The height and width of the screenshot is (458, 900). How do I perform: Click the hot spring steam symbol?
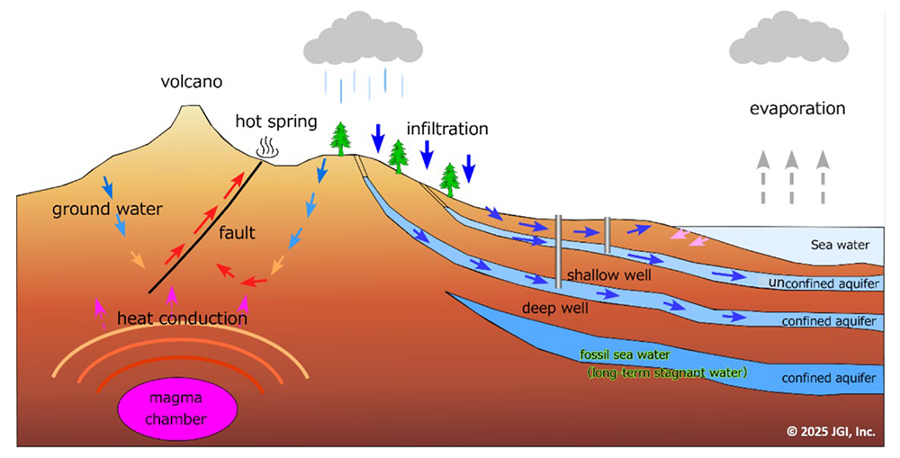(x=267, y=146)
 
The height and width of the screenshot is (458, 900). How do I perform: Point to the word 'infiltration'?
(x=446, y=129)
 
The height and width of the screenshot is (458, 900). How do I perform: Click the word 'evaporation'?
(x=796, y=109)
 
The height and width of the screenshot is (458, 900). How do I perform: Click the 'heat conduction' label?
(x=181, y=318)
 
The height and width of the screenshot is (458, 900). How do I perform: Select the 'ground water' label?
(x=106, y=210)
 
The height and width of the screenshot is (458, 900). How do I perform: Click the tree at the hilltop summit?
(x=341, y=139)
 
